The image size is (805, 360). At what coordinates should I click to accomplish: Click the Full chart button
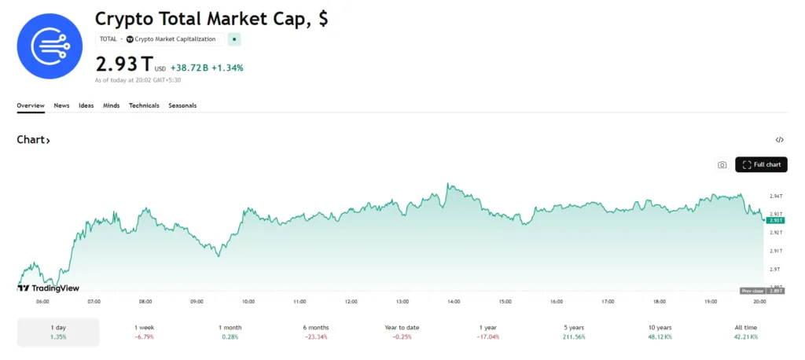(x=761, y=164)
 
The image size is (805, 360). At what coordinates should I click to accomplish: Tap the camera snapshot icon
(x=722, y=165)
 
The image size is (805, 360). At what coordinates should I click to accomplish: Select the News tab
(x=61, y=105)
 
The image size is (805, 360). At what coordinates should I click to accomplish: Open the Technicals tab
(x=144, y=105)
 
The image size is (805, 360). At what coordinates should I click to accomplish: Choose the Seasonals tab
(x=182, y=105)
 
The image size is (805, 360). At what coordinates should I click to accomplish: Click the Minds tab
(x=112, y=105)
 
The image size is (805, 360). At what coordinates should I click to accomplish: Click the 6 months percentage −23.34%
(x=316, y=336)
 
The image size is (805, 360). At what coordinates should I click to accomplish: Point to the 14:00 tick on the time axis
(x=454, y=302)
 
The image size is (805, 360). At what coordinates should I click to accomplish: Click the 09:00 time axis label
(x=197, y=302)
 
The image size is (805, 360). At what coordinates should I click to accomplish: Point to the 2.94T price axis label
(x=776, y=196)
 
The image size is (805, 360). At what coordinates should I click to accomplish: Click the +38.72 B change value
(x=189, y=68)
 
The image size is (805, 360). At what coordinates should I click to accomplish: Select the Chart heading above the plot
(x=33, y=140)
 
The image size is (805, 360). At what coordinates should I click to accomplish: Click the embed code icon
(x=779, y=140)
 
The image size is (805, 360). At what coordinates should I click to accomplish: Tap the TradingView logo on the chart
(x=48, y=288)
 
